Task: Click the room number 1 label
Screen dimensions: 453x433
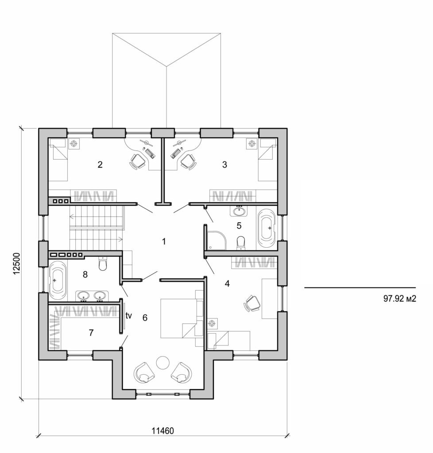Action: point(164,242)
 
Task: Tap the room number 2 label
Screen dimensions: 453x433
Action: point(100,165)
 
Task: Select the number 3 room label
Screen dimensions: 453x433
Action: point(224,165)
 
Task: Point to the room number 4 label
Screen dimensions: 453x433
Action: point(227,284)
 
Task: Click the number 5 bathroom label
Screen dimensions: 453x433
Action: point(239,226)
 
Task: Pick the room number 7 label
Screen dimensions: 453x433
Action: point(91,333)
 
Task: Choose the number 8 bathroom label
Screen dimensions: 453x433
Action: point(85,274)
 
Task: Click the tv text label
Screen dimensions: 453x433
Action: point(129,316)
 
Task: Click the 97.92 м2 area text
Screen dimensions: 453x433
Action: point(400,299)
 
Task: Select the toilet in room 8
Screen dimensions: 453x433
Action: point(103,264)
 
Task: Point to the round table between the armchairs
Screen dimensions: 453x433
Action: point(162,362)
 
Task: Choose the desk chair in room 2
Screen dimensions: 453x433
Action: point(138,161)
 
